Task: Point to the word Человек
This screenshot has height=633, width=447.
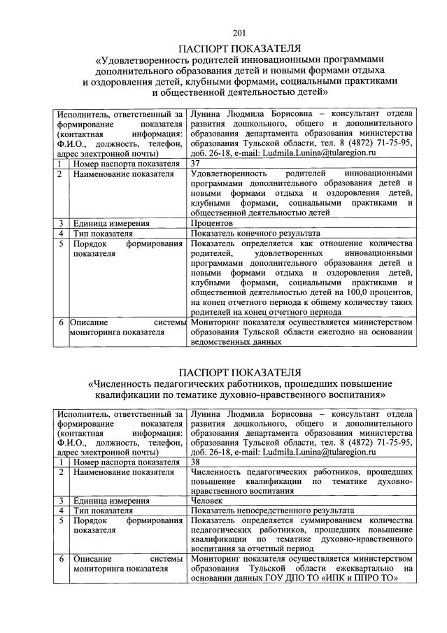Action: click(207, 501)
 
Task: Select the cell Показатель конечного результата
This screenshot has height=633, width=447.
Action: click(255, 233)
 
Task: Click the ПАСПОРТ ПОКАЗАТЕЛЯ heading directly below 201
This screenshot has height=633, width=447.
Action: click(239, 48)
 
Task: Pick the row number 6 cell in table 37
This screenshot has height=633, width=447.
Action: click(62, 322)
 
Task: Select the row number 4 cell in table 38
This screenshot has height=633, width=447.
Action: click(62, 511)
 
